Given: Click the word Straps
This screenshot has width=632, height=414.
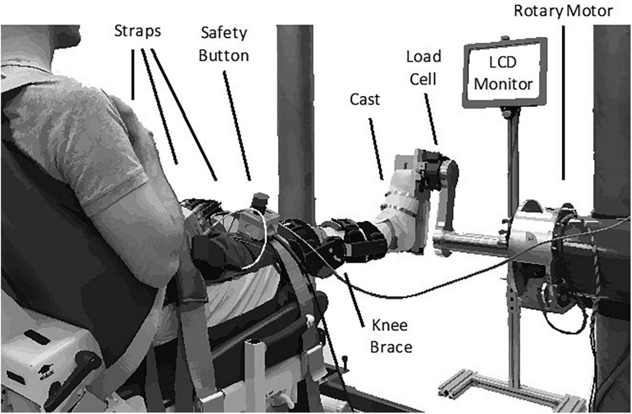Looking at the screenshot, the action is click(138, 31).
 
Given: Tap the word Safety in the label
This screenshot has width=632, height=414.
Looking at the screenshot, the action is click(224, 34).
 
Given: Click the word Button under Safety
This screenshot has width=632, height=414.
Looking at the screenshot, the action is click(224, 56).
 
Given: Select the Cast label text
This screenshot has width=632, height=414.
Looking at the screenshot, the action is click(365, 100).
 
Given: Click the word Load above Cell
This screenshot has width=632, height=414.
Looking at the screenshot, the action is click(424, 57).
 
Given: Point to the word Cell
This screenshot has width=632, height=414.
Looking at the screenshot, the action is click(423, 79).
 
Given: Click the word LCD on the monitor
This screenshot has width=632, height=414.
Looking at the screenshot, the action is click(503, 63).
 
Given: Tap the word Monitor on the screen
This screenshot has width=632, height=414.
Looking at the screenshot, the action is click(503, 84).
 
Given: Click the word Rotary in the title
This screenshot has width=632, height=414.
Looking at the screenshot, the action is click(539, 12).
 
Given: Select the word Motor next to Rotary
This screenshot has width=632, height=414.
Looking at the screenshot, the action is click(590, 11).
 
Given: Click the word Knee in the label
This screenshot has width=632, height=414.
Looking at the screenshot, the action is click(389, 325).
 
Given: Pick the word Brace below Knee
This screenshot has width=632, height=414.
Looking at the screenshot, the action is click(391, 347).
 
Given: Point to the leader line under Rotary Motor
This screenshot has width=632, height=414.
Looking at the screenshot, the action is click(563, 103).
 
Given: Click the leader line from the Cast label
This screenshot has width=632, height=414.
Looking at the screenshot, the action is click(376, 149).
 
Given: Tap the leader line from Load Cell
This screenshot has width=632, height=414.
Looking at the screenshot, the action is click(431, 119).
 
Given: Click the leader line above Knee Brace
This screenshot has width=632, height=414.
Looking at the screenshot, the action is click(354, 300).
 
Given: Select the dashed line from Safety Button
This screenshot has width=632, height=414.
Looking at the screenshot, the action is click(237, 126).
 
